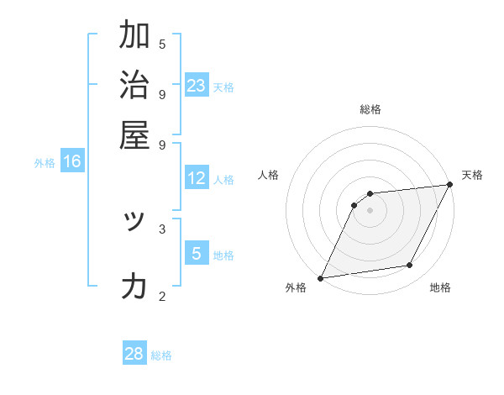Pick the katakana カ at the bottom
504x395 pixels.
(134, 287)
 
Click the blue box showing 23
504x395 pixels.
(197, 86)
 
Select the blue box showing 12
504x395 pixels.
(197, 178)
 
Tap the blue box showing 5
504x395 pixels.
(197, 253)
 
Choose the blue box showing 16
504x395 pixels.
(72, 161)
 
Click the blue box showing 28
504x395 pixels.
(134, 354)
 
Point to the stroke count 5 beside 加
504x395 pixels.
(162, 45)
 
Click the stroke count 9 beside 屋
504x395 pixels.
(162, 144)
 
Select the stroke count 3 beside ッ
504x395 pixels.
(162, 228)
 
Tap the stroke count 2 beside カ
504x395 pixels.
(162, 295)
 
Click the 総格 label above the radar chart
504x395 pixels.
(370, 109)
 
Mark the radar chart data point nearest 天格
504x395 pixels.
(450, 185)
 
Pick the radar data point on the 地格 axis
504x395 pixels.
(410, 266)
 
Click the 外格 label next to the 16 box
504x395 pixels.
(44, 163)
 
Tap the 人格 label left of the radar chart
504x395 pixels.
(268, 175)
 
